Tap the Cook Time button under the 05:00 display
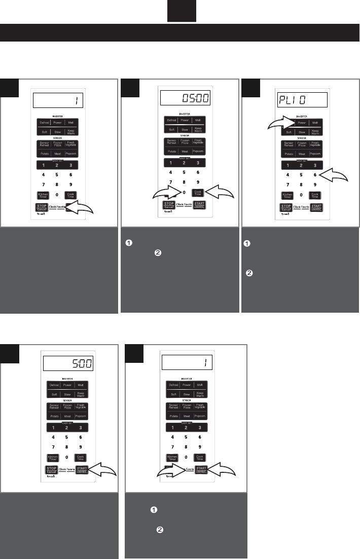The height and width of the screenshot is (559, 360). [x=197, y=193]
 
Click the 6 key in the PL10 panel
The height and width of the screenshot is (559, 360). [x=315, y=174]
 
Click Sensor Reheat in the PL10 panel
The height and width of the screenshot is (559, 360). [x=289, y=143]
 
